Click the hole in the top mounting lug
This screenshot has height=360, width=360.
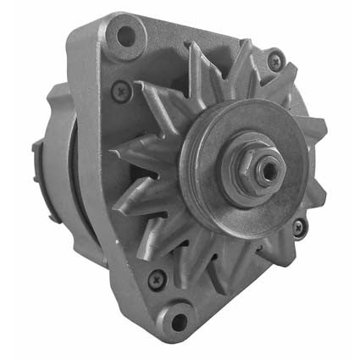coord(126,36)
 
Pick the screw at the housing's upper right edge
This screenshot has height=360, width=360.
coord(274,59)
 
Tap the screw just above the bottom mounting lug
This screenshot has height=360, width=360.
coord(155,277)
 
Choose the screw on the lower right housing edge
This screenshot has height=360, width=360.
coord(298,226)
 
